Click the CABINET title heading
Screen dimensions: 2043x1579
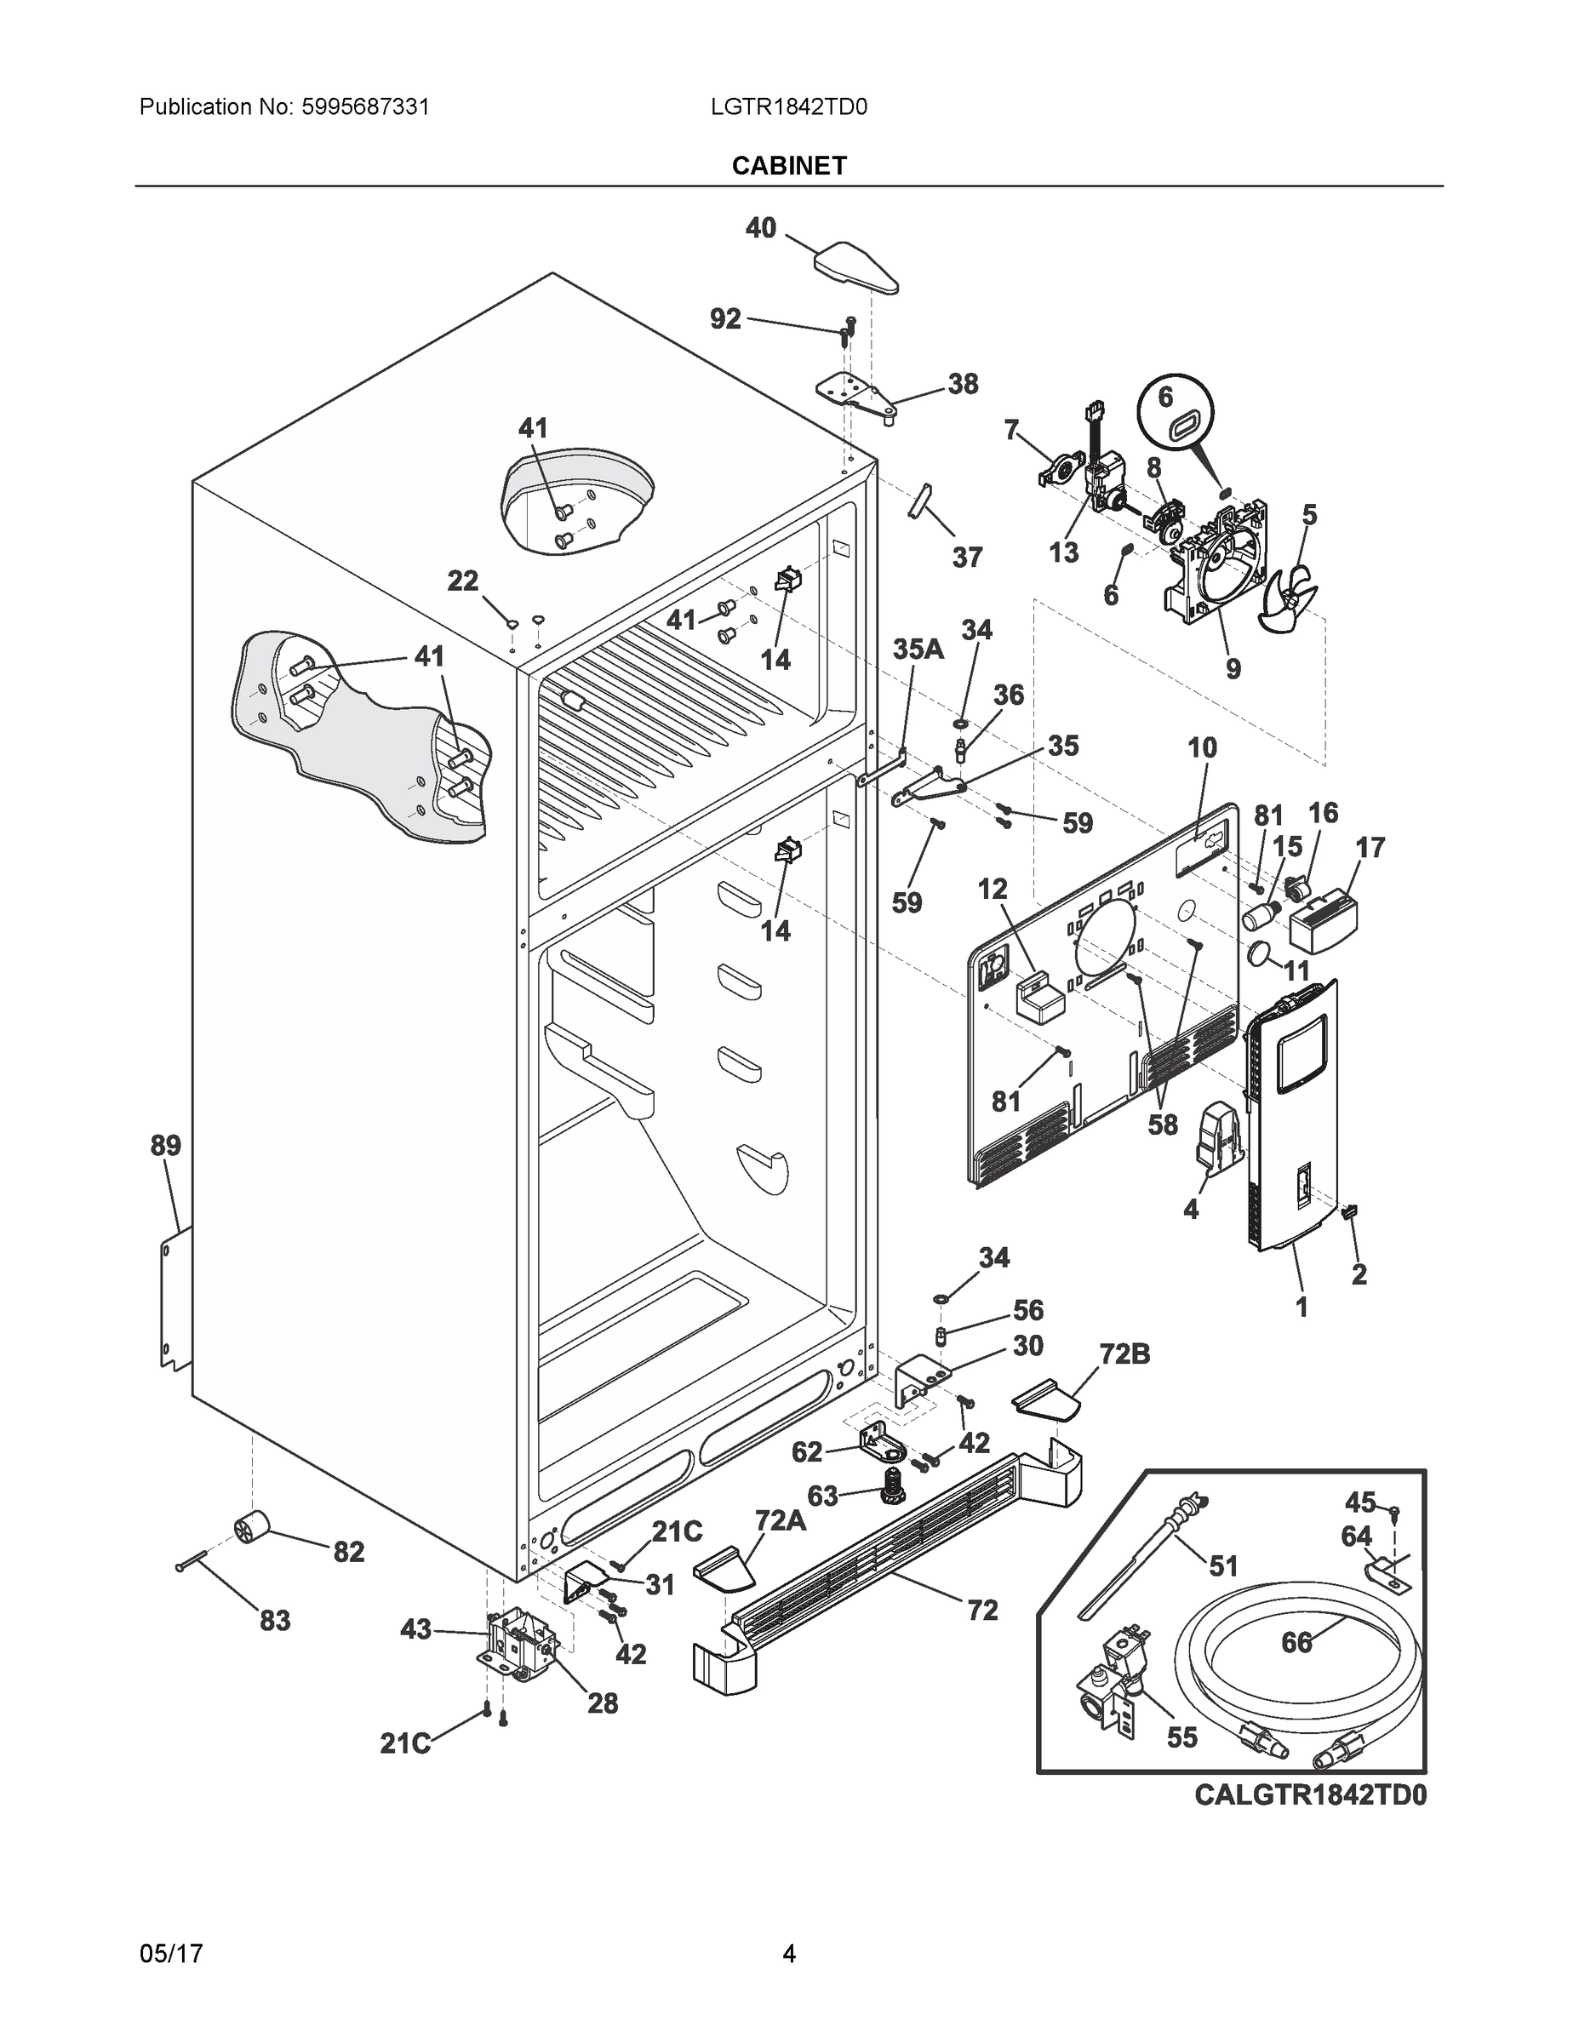pos(788,166)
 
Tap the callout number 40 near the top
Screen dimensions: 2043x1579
pos(760,227)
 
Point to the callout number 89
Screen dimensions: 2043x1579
pos(166,1145)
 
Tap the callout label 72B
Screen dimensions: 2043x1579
pos(1124,1353)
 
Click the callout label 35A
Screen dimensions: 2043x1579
pos(918,650)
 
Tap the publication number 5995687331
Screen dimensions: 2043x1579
pos(365,106)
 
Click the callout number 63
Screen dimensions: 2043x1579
pos(822,1496)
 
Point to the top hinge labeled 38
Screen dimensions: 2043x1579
pos(853,394)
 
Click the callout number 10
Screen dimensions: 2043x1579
pos(1202,747)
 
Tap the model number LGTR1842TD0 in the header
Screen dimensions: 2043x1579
pos(788,106)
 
